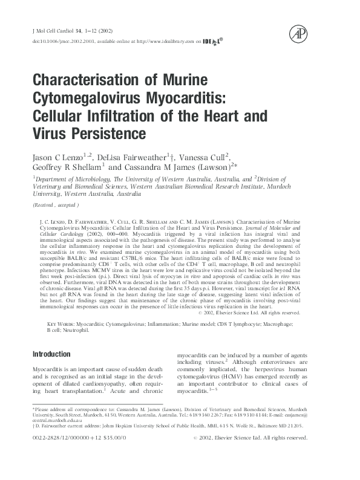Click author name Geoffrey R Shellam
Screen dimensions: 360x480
click(x=67, y=167)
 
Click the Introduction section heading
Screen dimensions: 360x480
click(x=51, y=354)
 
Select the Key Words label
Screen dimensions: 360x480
click(x=61, y=325)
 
